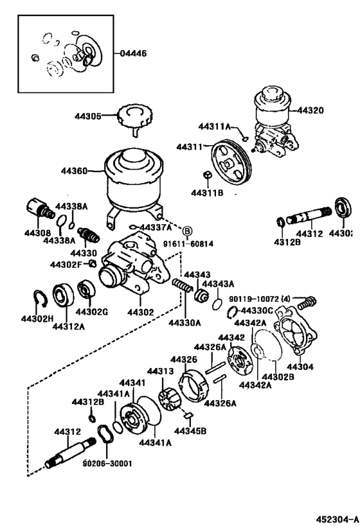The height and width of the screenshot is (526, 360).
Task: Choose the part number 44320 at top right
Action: point(311,110)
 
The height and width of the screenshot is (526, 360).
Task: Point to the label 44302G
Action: point(91,312)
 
